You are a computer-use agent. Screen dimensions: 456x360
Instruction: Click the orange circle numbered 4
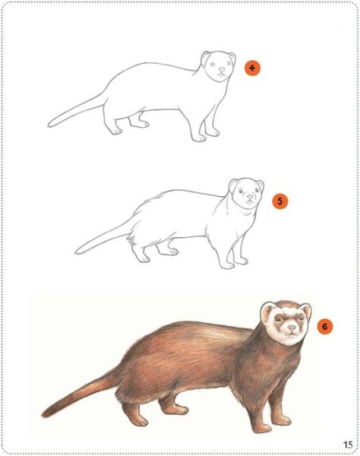(252, 68)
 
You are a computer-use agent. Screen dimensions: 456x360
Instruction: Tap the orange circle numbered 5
(279, 201)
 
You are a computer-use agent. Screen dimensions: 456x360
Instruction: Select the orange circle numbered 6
(324, 327)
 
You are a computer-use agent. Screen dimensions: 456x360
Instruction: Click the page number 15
(347, 445)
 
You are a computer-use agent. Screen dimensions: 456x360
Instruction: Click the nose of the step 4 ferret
(220, 74)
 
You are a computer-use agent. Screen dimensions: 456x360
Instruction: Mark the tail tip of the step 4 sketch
(49, 125)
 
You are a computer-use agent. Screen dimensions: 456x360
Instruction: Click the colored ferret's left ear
(268, 312)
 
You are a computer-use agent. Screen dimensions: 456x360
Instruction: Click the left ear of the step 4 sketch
(207, 57)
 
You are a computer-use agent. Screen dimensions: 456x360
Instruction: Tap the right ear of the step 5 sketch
(259, 185)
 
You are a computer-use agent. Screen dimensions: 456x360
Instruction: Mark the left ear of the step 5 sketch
(234, 185)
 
